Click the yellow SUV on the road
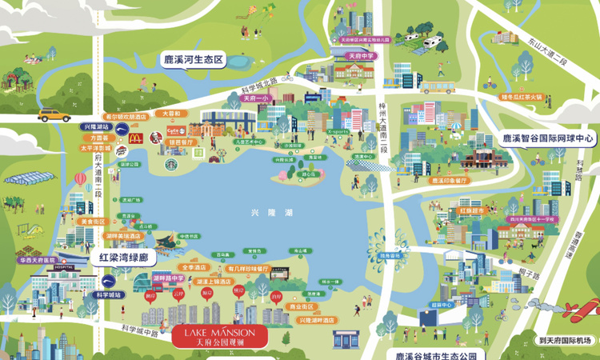(54, 114)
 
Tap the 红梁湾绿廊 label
(123, 258)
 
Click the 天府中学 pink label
(360, 57)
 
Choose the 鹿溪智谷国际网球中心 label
(549, 138)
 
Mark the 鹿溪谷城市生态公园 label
(435, 354)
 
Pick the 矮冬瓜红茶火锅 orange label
(521, 97)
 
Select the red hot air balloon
(80, 178)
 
